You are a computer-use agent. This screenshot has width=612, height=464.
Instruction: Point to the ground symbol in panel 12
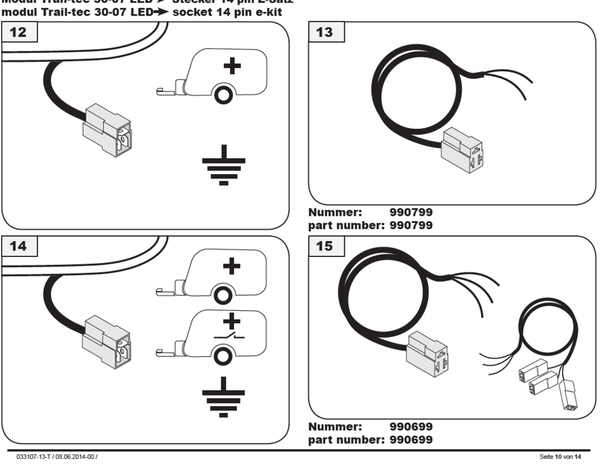tap(224, 168)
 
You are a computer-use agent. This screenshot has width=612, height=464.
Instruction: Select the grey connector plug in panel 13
tap(461, 149)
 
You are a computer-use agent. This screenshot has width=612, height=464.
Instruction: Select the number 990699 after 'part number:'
tap(412, 438)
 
